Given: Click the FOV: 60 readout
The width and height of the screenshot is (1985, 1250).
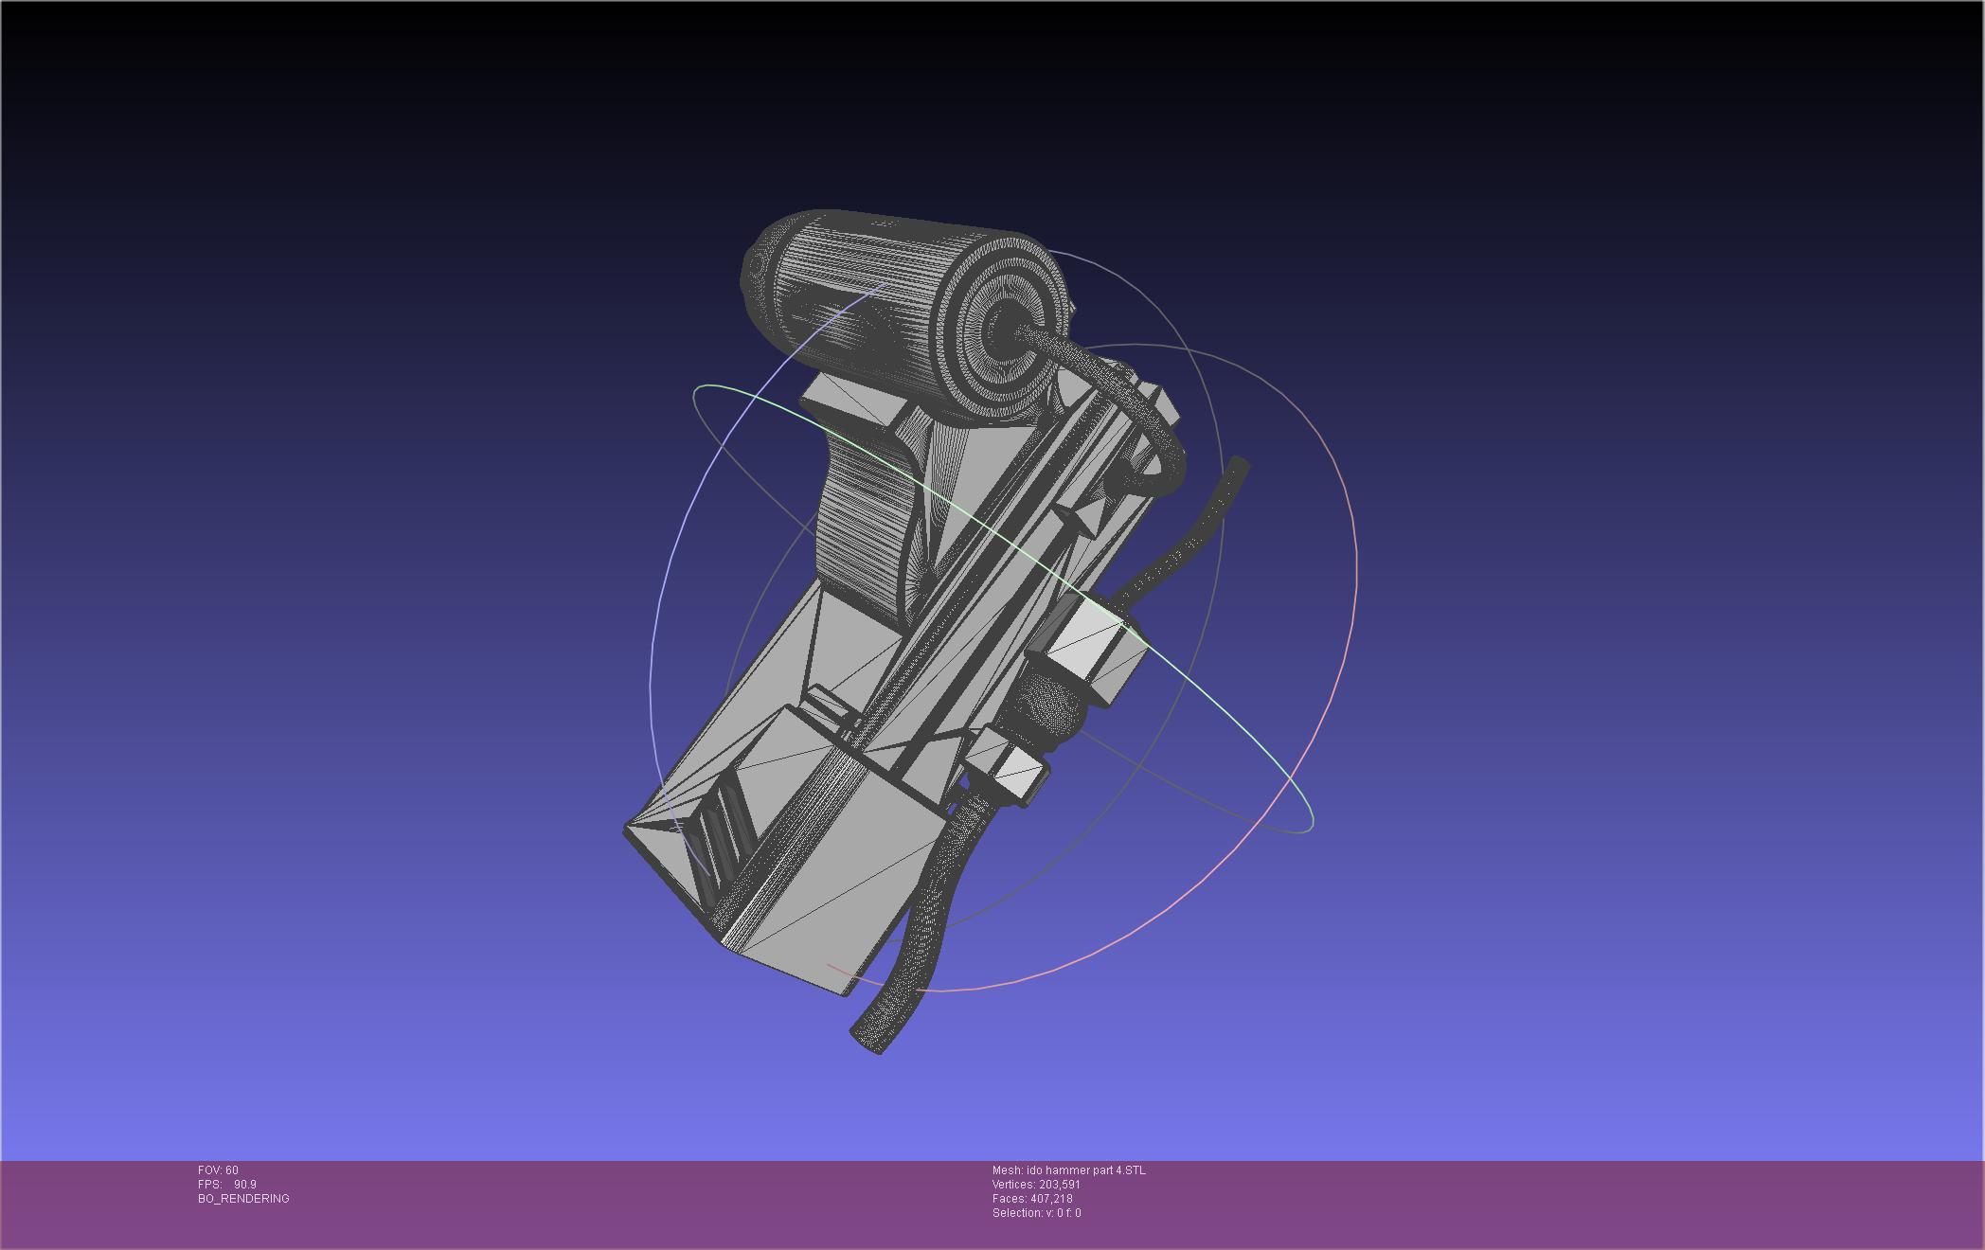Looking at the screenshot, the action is point(218,1170).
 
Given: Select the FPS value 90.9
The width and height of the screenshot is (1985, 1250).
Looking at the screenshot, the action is point(245,1185).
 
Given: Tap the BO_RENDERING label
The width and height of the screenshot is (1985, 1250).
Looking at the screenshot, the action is point(243,1199).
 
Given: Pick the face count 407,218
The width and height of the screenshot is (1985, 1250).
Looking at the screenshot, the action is point(1051,1199).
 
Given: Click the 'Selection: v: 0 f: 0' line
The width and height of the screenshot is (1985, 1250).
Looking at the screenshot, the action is point(1036,1213).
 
